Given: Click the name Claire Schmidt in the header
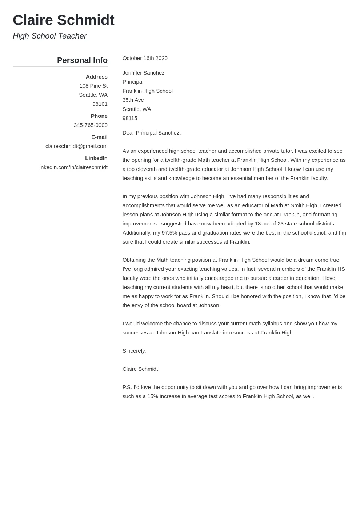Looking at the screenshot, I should (64, 20).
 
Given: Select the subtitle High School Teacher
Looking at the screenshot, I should (49, 36).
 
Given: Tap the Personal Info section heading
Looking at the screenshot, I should (82, 60).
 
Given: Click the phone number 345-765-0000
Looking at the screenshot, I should (91, 125).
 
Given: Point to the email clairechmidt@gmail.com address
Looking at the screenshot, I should (76, 146).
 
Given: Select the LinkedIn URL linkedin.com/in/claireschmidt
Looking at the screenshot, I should (73, 167).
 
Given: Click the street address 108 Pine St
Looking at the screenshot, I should (93, 86).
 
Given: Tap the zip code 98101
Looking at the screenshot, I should (100, 104).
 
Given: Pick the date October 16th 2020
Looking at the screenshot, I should (145, 58).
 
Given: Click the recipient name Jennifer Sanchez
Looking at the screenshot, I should (143, 73).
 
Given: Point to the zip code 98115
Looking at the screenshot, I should (130, 118).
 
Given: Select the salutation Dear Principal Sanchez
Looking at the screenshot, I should (152, 133).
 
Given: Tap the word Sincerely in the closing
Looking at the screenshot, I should (134, 351).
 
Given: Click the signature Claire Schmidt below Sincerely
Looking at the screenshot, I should (140, 369).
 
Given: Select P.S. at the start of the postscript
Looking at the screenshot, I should (127, 387).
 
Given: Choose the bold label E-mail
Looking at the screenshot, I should (99, 137).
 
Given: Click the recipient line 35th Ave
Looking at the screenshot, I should (133, 100).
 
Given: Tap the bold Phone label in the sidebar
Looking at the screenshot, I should (99, 116).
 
